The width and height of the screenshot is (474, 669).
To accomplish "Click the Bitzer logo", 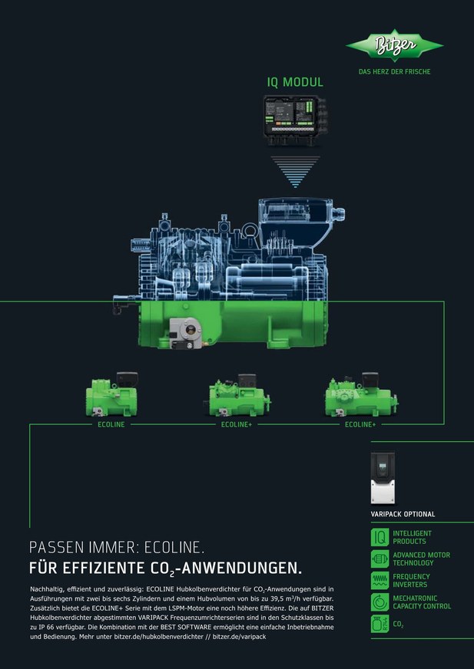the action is pyautogui.click(x=394, y=45).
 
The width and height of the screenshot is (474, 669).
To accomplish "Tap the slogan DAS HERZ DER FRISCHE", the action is pyautogui.click(x=394, y=71).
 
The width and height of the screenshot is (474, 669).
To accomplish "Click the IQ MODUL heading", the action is pyautogui.click(x=295, y=82).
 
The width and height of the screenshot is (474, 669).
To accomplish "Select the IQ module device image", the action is pyautogui.click(x=294, y=120).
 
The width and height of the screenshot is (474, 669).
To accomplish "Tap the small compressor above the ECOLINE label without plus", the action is pyautogui.click(x=112, y=394).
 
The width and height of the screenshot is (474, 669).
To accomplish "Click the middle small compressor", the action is pyautogui.click(x=237, y=395).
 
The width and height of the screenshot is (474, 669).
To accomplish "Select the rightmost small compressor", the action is pyautogui.click(x=361, y=394).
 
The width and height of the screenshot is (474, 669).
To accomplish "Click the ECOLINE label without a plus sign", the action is pyautogui.click(x=111, y=424).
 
